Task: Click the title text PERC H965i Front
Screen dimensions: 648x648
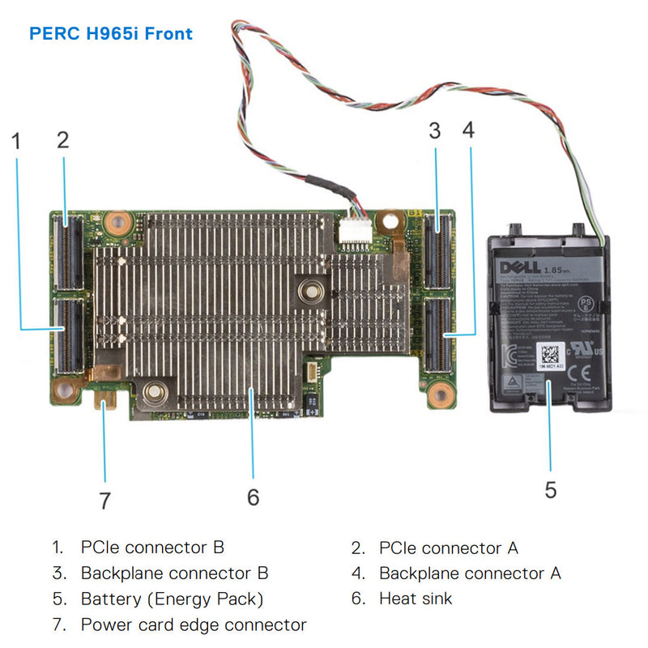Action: click(x=111, y=34)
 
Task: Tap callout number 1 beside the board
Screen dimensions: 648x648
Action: click(x=16, y=139)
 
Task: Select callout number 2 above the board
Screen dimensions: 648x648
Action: click(x=63, y=139)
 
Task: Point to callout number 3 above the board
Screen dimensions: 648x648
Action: click(x=435, y=130)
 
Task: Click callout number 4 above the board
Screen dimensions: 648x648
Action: click(x=468, y=130)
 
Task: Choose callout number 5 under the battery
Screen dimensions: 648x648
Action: click(x=551, y=490)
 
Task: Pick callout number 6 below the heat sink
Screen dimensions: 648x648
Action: click(x=253, y=497)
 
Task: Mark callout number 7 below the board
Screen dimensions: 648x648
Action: click(x=104, y=501)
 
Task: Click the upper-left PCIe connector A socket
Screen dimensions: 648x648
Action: click(x=70, y=252)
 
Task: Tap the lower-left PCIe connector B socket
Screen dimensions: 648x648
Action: click(x=70, y=333)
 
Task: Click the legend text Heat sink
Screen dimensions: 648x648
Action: click(x=416, y=599)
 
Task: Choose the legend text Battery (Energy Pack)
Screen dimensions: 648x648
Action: click(x=172, y=599)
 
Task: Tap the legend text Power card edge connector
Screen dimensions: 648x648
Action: click(x=194, y=625)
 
